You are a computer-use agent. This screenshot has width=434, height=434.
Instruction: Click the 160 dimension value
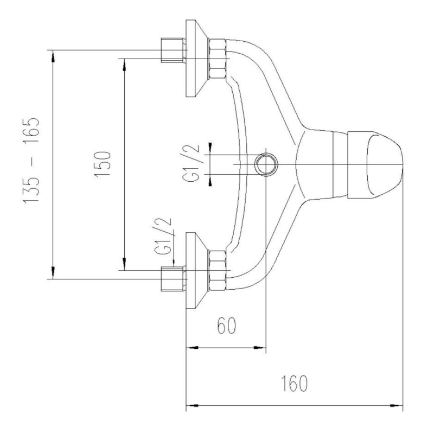[x=294, y=384]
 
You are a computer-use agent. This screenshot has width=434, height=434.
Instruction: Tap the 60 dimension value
[x=227, y=325]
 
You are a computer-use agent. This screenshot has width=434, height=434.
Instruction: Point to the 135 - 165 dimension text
[x=31, y=161]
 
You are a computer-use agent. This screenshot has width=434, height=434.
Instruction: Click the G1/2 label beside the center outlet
[x=191, y=163]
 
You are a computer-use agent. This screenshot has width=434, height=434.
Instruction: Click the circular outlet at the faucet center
[x=266, y=164]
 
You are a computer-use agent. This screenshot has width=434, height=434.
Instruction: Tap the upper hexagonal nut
[x=218, y=58]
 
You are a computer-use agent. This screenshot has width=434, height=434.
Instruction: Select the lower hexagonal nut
[x=218, y=270]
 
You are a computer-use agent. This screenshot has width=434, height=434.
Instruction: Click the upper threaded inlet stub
[x=173, y=50]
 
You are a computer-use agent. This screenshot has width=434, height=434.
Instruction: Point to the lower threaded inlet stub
[x=173, y=279]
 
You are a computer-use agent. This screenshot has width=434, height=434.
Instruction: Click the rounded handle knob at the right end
[x=375, y=164]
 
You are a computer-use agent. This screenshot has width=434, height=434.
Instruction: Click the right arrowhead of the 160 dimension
[x=397, y=406]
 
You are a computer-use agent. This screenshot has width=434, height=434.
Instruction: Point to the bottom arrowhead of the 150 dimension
[x=125, y=264]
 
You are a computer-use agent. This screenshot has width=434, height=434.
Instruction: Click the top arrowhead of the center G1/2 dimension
[x=210, y=148]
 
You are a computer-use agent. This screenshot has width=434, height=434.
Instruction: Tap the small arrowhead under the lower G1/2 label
[x=174, y=263]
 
